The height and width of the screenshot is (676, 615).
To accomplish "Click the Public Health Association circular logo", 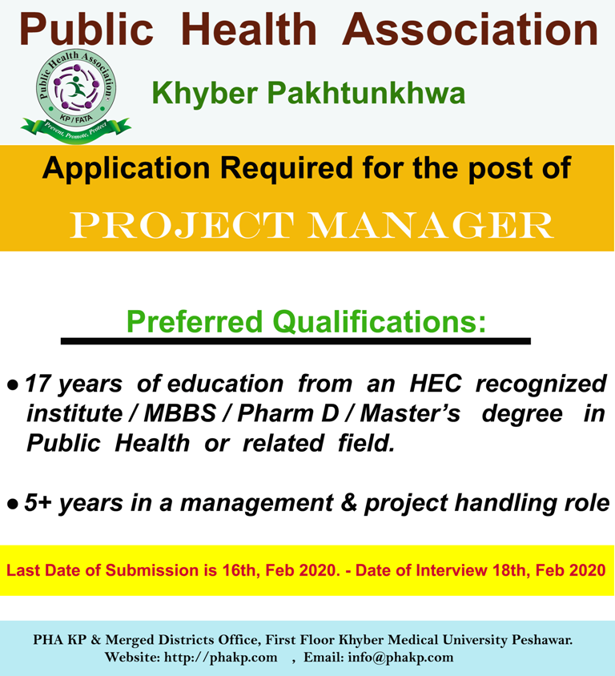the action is point(76,88).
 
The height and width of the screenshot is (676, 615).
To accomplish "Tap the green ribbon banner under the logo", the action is point(76,129).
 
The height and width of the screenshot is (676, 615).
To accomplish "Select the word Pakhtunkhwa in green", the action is point(366,93).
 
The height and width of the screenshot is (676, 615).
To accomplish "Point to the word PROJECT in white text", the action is point(182,224).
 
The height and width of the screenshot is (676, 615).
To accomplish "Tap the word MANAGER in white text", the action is point(430,224).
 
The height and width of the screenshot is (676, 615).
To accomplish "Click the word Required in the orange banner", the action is point(287,167).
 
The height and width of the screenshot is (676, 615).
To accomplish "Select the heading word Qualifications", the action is point(380,322).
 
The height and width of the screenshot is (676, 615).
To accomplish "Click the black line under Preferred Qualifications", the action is point(295,341).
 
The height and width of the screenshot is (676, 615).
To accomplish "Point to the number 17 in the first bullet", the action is point(38,384).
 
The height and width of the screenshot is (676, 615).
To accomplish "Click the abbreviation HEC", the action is point(436,383).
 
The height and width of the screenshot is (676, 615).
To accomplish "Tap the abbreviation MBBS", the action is point(179,413).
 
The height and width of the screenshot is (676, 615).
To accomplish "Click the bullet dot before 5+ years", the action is point(13,504).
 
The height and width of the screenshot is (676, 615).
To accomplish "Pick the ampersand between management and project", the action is point(349,503).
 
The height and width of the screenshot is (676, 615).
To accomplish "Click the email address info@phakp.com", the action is point(401,658).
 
